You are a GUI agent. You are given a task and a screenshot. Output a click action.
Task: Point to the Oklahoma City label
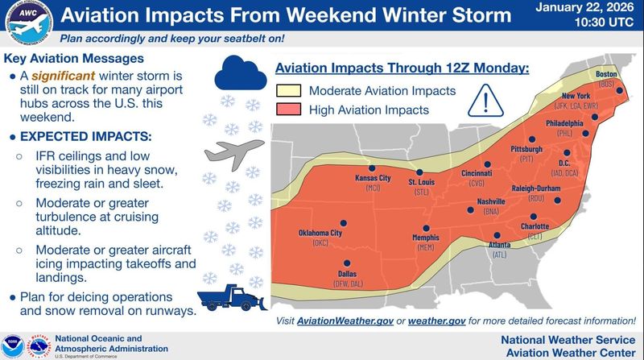320,234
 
